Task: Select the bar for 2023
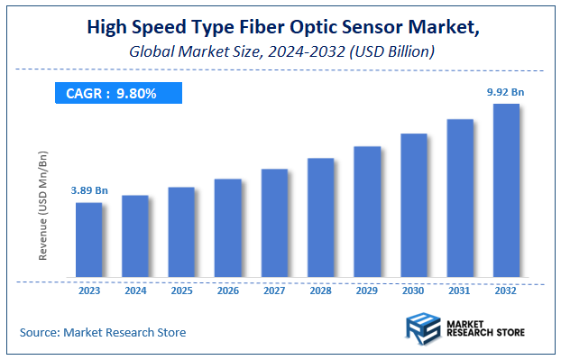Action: pos(88,240)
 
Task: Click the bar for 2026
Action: pos(227,228)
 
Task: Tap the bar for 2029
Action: pos(366,212)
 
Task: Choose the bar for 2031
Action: pos(459,198)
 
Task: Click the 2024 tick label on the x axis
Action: pos(134,291)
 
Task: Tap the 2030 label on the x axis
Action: pos(413,291)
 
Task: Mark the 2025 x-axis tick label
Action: pos(181,291)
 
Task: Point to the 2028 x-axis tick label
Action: pos(320,291)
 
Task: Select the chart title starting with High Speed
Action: pos(282,27)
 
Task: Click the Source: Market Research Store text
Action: pos(103,332)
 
